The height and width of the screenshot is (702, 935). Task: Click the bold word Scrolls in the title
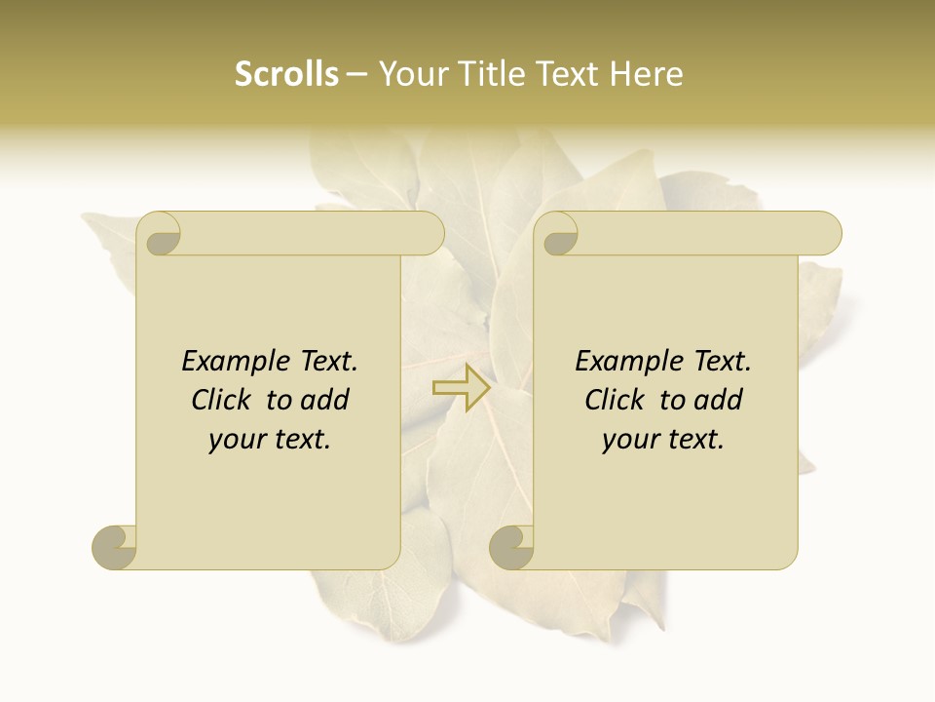pos(287,74)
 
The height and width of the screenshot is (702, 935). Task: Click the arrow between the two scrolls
pos(462,387)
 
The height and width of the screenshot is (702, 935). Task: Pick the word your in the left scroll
pos(236,440)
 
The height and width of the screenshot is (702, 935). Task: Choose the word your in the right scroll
pos(630,440)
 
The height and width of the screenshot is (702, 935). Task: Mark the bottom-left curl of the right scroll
pos(511,546)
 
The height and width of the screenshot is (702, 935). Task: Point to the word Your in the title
pos(408,74)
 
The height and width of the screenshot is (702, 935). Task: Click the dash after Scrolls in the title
pos(356,75)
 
